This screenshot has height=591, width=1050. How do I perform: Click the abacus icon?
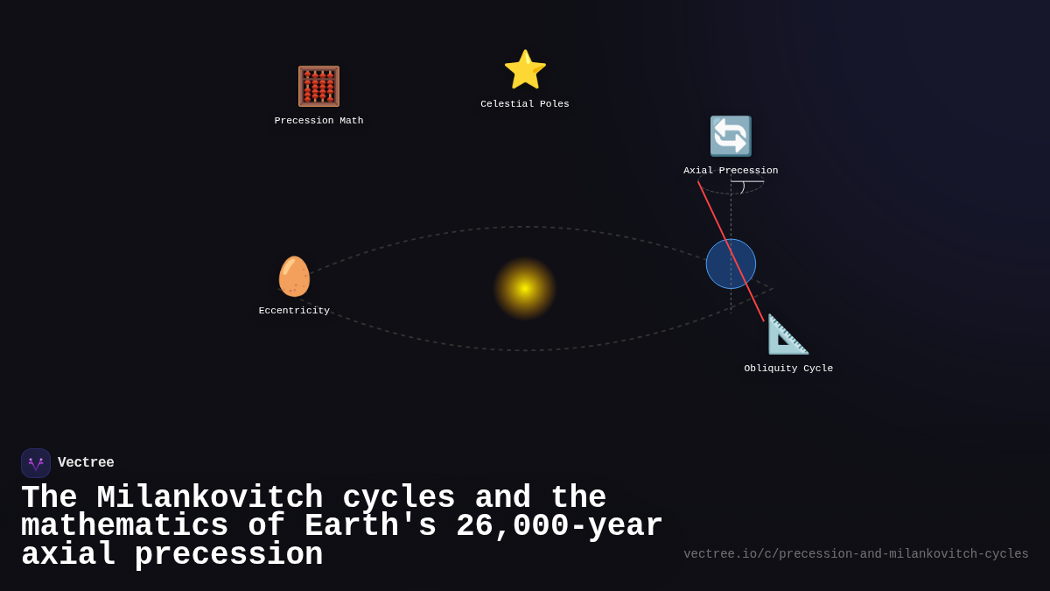pyautogui.click(x=318, y=87)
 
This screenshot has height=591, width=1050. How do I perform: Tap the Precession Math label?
pyautogui.click(x=318, y=121)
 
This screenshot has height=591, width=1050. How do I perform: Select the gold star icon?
pyautogui.click(x=525, y=70)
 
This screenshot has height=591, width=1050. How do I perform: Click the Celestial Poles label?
pyautogui.click(x=525, y=104)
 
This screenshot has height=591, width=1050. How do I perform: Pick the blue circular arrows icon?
pyautogui.click(x=731, y=137)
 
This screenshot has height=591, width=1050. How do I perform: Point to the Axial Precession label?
pyautogui.click(x=731, y=171)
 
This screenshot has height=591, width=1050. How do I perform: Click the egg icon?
pyautogui.click(x=294, y=277)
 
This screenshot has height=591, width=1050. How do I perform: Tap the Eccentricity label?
pyautogui.click(x=294, y=311)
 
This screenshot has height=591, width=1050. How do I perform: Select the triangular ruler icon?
pyautogui.click(x=787, y=334)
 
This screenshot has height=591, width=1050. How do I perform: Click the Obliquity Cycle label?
pyautogui.click(x=788, y=369)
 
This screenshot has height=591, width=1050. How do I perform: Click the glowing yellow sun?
pyautogui.click(x=525, y=288)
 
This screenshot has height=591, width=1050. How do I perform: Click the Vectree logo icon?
pyautogui.click(x=36, y=463)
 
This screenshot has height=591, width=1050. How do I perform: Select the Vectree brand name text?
pyautogui.click(x=86, y=463)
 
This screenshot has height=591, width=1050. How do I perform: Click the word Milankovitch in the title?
pyautogui.click(x=210, y=498)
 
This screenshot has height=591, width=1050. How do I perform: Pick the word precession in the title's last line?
pyautogui.click(x=228, y=555)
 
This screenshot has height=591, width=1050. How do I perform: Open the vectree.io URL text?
pyautogui.click(x=856, y=554)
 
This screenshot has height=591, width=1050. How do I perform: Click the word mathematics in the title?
pyautogui.click(x=124, y=526)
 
